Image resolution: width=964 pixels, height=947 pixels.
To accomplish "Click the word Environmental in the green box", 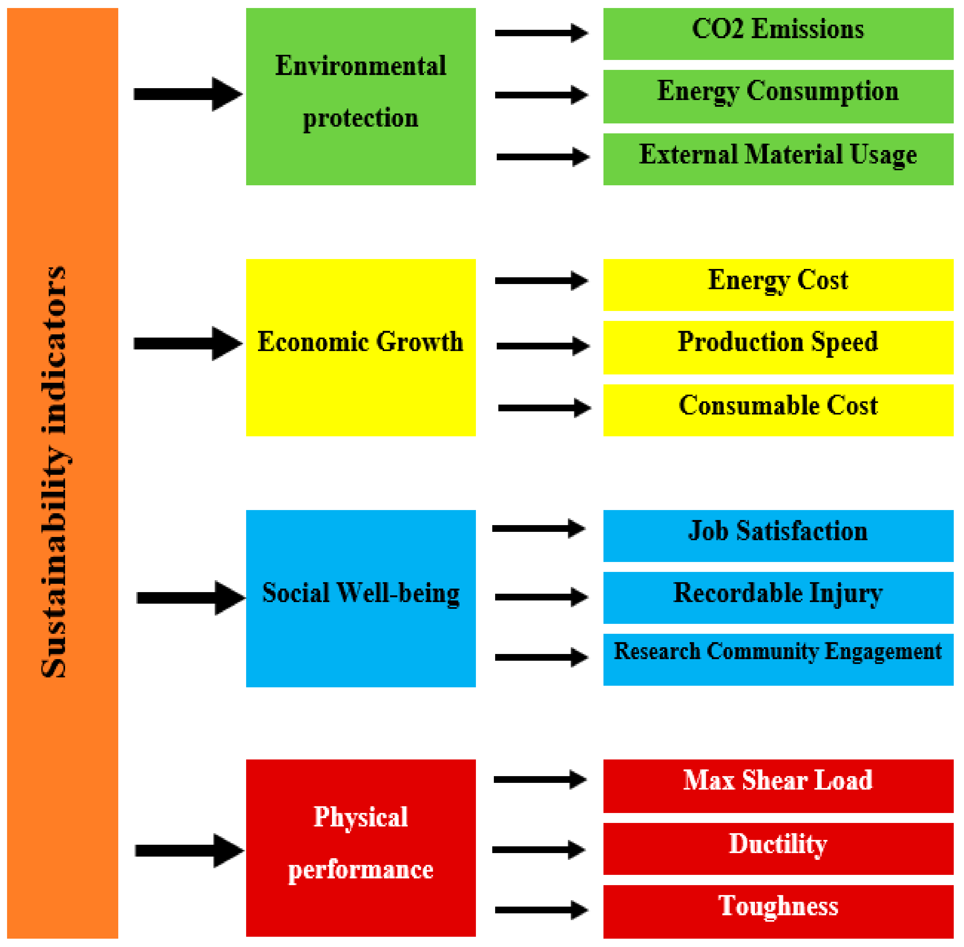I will (361, 66).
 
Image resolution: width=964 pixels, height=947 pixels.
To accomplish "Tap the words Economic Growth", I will (361, 342).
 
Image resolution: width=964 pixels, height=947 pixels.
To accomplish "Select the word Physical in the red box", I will (361, 817).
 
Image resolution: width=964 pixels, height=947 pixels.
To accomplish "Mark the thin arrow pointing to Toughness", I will (541, 910).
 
